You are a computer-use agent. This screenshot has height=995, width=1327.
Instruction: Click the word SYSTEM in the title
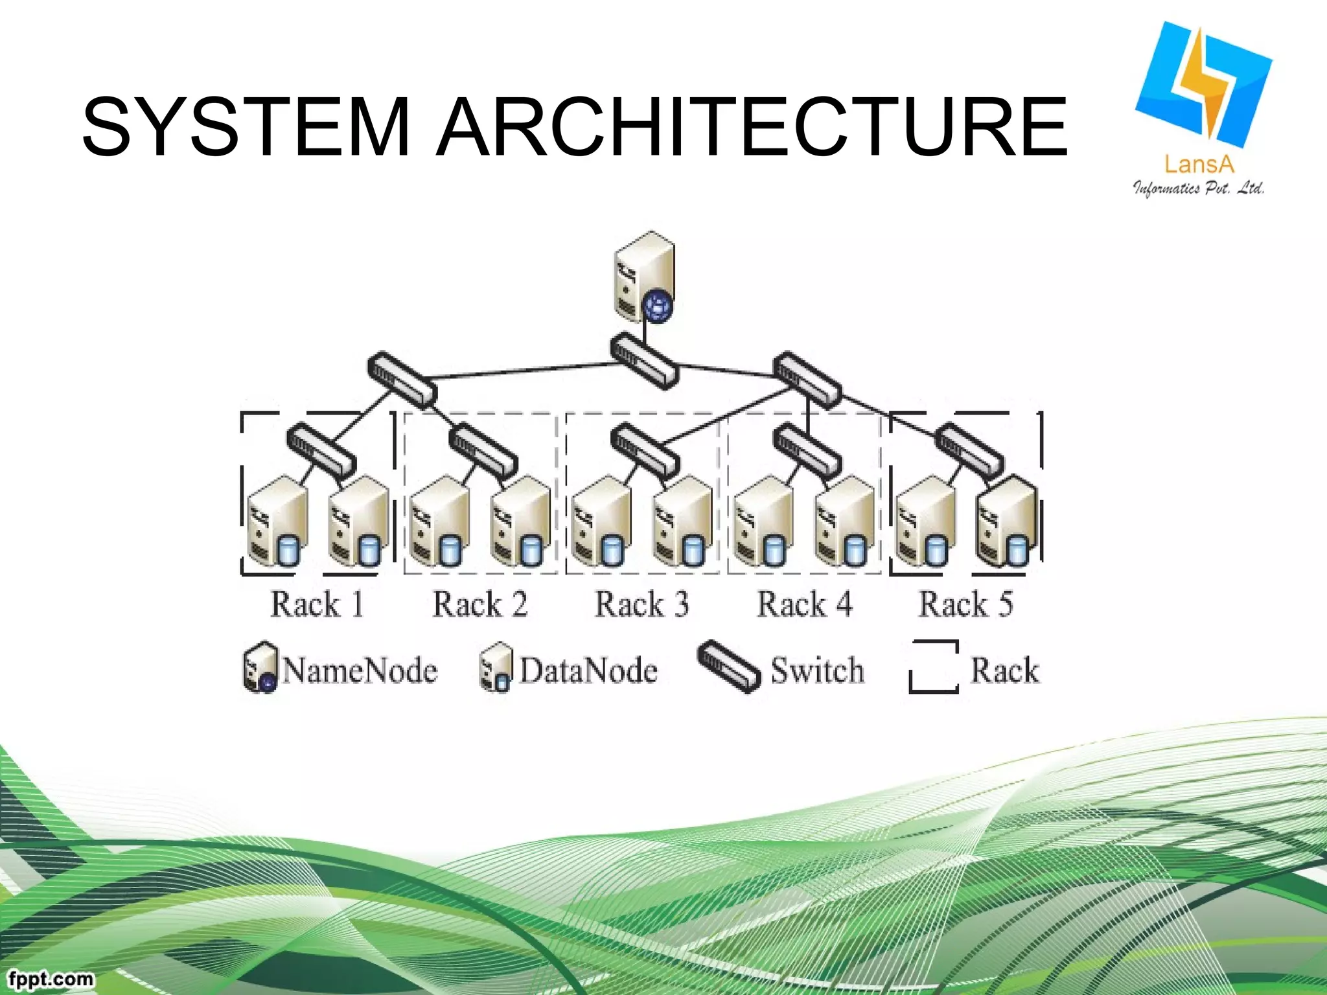pos(246,126)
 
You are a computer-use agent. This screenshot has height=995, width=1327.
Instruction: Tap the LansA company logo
pos(1202,107)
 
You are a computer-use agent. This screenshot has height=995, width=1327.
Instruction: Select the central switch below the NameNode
pos(644,361)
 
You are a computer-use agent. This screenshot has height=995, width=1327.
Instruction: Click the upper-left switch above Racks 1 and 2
pos(402,380)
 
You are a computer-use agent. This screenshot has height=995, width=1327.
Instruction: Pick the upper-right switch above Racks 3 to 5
pos(807,380)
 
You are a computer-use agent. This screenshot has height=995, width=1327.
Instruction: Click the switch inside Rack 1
pos(321,450)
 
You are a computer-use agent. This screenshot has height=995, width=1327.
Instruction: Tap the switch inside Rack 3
pos(645,450)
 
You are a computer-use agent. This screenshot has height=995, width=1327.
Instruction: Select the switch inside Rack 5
pos(970,450)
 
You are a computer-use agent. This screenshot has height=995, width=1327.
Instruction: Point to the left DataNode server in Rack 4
pos(764,521)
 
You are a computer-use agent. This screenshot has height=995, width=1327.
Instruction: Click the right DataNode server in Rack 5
pos(1006,521)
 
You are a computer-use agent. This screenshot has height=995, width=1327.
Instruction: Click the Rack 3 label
pos(641,604)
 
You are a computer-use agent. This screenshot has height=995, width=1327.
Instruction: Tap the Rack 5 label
pos(965,604)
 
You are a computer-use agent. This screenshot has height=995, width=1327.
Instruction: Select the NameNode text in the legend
pos(360,670)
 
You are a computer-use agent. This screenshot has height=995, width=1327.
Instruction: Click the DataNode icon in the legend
pos(496,667)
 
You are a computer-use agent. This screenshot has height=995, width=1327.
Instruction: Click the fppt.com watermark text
pos(51,978)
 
